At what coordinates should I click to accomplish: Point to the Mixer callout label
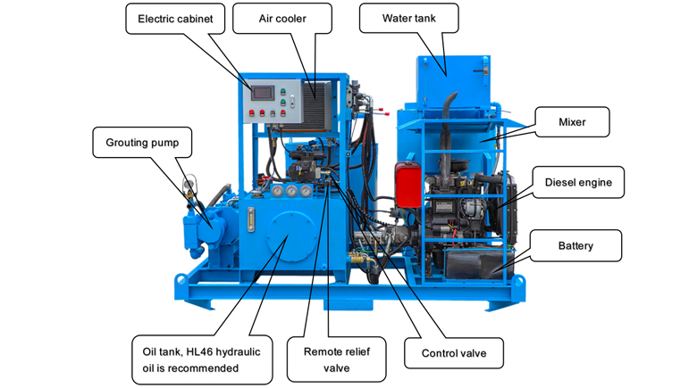coord(571,121)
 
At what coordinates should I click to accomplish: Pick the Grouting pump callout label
coord(137,142)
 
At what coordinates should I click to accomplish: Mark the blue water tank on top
coord(454,76)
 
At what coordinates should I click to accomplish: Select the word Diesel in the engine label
coord(561,183)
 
